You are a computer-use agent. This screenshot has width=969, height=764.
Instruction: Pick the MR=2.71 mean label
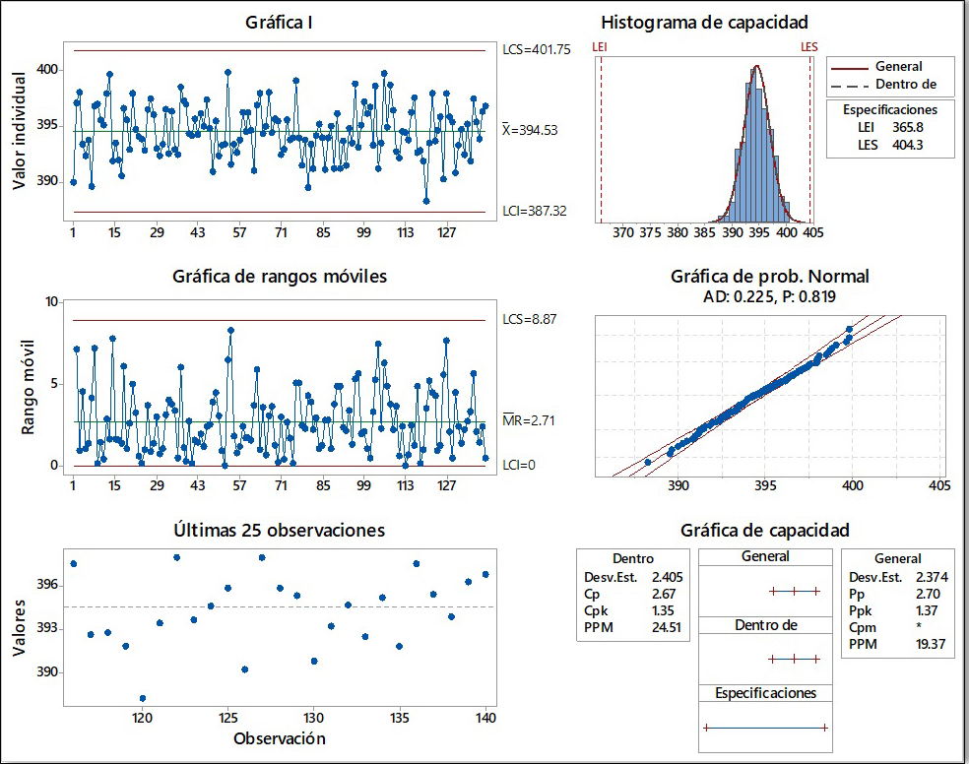(x=530, y=422)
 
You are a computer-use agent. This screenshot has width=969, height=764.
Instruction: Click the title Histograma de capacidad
(x=704, y=23)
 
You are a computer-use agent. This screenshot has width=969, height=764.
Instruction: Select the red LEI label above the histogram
(x=600, y=46)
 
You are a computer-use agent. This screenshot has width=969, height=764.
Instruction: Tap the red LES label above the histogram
(x=808, y=46)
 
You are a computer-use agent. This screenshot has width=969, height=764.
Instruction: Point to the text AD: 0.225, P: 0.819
(x=769, y=295)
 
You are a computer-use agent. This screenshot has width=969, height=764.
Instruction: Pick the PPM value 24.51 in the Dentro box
(x=667, y=626)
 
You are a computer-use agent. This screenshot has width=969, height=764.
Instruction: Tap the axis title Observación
(x=280, y=738)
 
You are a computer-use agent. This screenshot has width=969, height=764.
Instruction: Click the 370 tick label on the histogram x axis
(x=622, y=233)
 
